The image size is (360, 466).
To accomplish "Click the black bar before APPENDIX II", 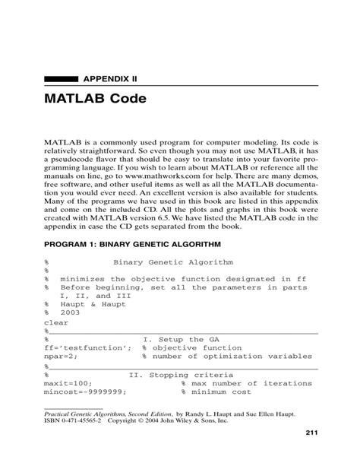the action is (62, 77).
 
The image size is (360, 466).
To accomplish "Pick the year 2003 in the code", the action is (74, 312).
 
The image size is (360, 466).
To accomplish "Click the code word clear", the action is (57, 322).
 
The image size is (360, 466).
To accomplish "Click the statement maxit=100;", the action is (68, 383).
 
